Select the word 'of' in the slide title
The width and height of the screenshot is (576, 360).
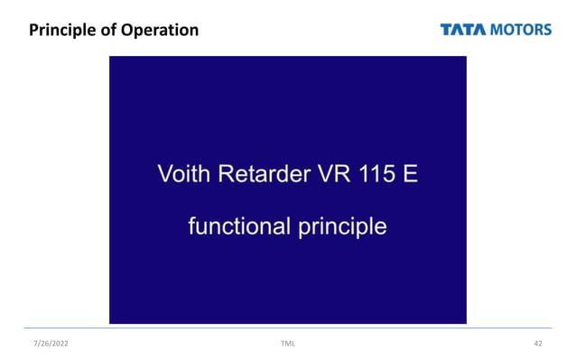click(x=108, y=31)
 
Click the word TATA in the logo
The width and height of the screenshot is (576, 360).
click(x=463, y=30)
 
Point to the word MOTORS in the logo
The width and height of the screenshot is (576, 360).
click(x=521, y=30)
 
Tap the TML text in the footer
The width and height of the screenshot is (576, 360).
click(x=288, y=344)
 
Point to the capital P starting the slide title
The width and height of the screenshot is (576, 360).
click(x=34, y=31)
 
